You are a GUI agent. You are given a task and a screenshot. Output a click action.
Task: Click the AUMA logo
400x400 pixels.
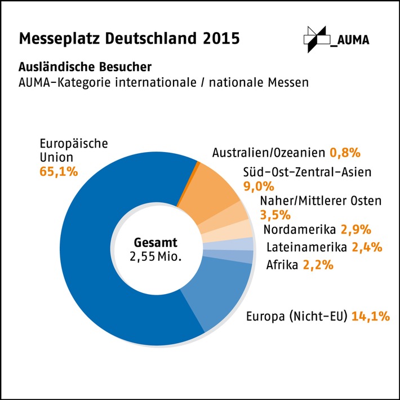(333, 39)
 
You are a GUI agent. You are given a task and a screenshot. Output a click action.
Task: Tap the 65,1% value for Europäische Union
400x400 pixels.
(59, 171)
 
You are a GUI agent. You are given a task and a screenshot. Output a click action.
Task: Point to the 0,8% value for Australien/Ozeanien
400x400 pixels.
(345, 153)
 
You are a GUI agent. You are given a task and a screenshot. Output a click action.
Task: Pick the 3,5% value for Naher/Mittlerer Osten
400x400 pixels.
(275, 215)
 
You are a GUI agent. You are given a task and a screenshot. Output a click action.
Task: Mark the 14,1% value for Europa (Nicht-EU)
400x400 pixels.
(371, 317)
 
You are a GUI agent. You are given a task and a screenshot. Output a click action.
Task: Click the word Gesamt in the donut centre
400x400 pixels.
(156, 243)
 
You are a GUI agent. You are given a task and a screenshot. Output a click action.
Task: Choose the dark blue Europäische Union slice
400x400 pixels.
(90, 254)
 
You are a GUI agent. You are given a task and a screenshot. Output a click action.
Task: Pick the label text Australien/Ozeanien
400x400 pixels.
(269, 153)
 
